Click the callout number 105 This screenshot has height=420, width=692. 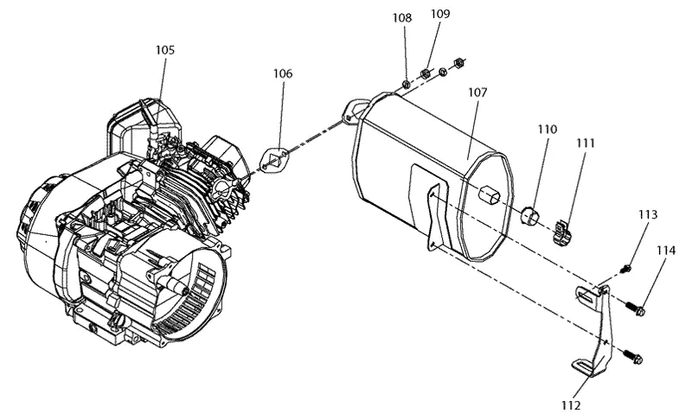click(165, 50)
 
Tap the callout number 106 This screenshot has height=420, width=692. click(283, 73)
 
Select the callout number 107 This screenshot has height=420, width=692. click(477, 92)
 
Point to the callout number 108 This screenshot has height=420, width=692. click(402, 17)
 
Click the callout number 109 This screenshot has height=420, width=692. click(440, 14)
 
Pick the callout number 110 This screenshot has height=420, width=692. click(548, 129)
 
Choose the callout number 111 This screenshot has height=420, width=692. click(586, 143)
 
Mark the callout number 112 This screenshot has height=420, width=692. click(571, 405)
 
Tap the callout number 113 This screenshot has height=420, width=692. click(648, 214)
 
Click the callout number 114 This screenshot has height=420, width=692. click(666, 251)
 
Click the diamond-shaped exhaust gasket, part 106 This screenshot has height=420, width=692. click(274, 160)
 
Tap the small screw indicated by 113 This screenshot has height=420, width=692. click(625, 268)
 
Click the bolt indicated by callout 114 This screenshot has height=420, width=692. click(635, 308)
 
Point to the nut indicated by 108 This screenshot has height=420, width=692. click(407, 84)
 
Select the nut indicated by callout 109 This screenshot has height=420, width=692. click(426, 73)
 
